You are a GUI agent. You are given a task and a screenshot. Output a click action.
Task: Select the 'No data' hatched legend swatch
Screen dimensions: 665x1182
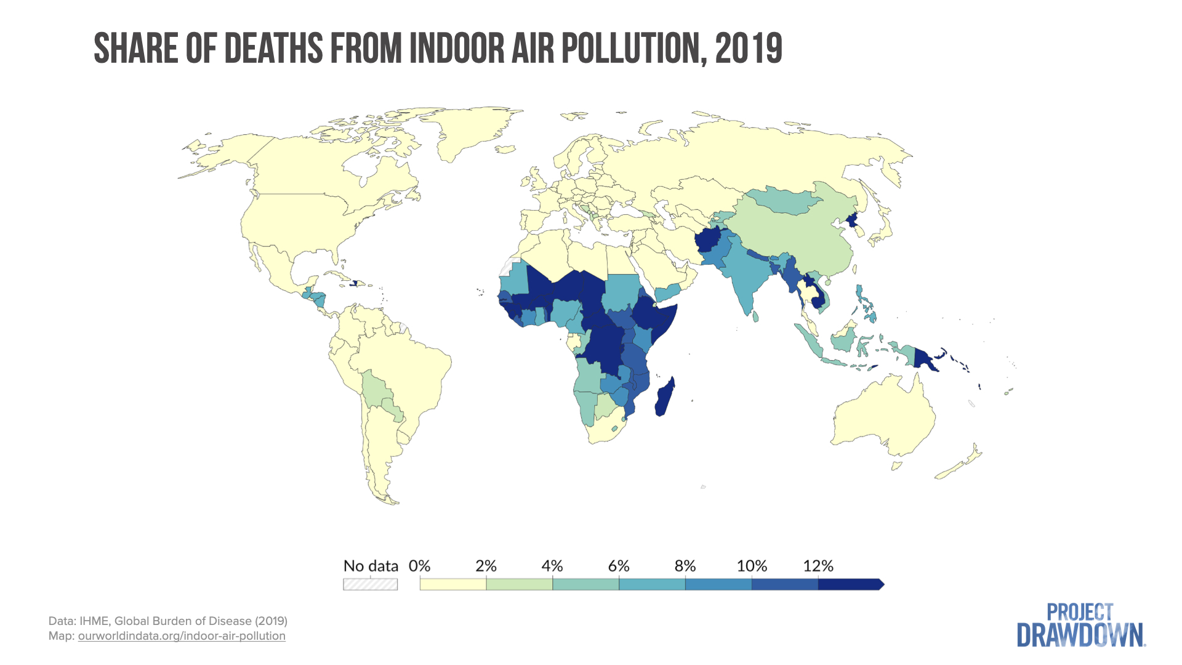point(370,584)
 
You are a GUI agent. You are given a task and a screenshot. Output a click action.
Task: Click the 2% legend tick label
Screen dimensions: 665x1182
point(486,566)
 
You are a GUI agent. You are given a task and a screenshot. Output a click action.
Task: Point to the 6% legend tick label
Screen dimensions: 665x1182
point(619,566)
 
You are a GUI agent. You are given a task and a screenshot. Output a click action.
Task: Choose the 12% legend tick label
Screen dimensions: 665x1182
point(818,566)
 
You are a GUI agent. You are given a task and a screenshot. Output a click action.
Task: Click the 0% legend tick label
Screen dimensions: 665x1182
point(419,566)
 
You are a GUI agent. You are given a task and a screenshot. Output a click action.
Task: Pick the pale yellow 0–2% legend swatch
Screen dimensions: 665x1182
point(453,584)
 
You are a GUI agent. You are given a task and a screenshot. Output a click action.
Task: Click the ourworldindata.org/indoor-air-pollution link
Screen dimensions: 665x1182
point(182,636)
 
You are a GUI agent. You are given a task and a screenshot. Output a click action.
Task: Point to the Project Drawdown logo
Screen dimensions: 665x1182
point(1080,626)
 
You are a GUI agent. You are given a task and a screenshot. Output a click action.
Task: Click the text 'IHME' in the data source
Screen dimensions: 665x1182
point(93,621)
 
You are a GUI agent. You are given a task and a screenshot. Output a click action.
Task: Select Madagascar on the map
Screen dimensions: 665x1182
point(665,397)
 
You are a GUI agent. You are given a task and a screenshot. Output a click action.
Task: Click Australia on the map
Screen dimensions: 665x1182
point(880,413)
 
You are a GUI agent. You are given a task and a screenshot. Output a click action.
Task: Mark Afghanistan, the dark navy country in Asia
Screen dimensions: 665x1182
point(710,242)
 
